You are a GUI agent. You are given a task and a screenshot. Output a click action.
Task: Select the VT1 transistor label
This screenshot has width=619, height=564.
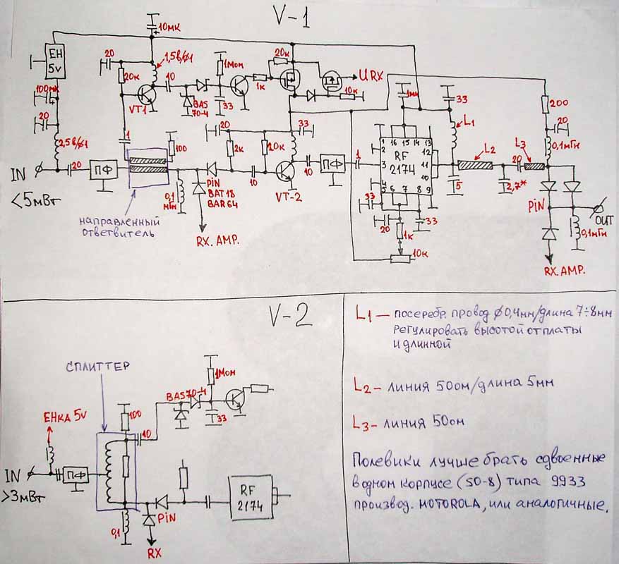(139, 111)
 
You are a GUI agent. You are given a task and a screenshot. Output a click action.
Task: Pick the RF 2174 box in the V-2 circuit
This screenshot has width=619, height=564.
(251, 493)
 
